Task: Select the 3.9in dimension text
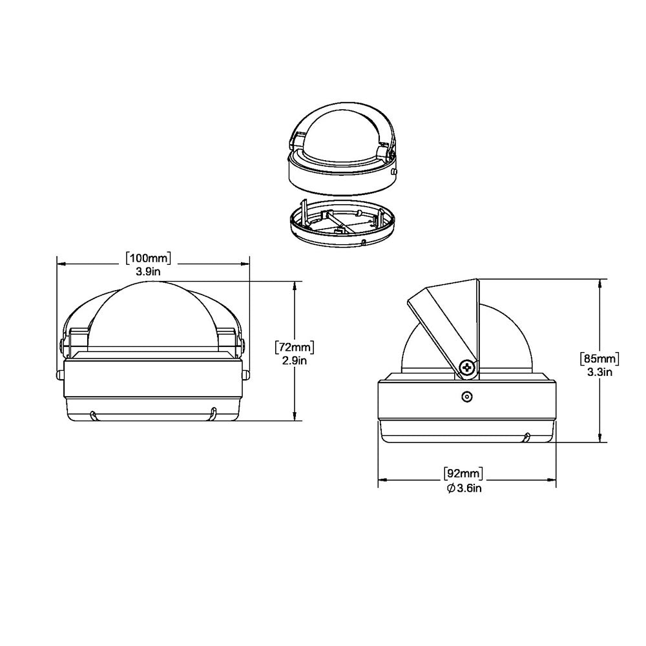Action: pyautogui.click(x=148, y=272)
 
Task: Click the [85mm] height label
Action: pyautogui.click(x=600, y=358)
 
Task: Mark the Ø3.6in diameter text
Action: pyautogui.click(x=464, y=488)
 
